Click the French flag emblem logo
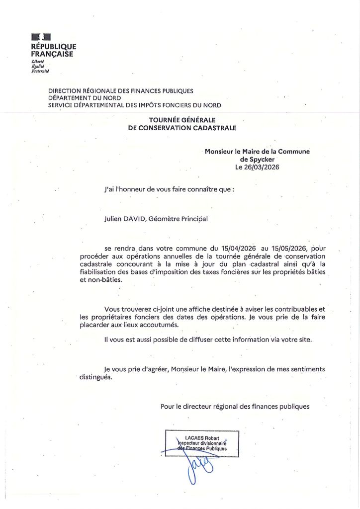41,37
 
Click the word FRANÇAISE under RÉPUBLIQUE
52,54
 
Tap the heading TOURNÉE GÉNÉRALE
182,120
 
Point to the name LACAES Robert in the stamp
202,438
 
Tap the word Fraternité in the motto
40,71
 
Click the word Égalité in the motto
38,66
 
